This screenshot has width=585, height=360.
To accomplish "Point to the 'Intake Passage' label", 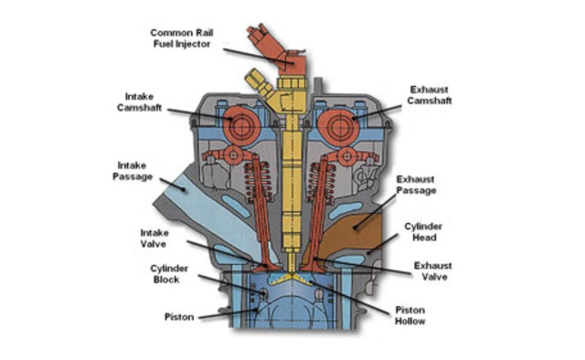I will point(134,170).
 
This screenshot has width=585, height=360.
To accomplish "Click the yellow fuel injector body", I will point(293,174).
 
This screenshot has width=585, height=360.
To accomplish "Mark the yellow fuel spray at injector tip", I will point(292,273).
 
